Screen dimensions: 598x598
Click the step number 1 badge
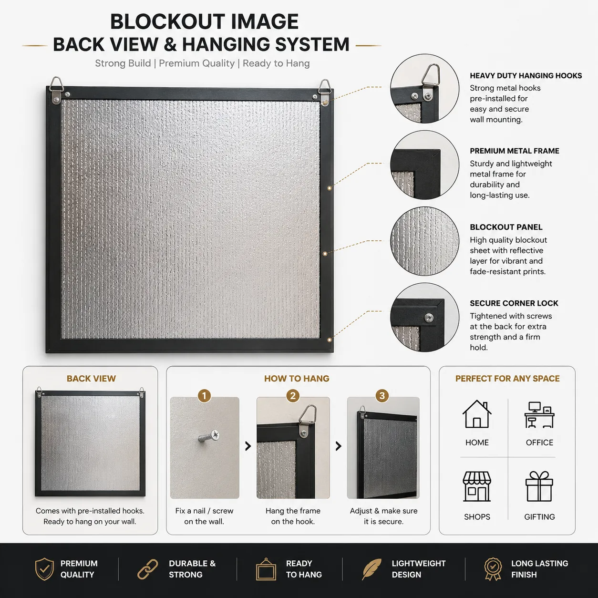204,396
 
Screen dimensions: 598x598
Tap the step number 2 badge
293,396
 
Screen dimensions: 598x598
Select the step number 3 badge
382,396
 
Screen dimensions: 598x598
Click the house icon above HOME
477,414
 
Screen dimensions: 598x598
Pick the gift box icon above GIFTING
539,486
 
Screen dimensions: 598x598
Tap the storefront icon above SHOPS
477,486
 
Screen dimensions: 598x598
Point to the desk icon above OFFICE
539,415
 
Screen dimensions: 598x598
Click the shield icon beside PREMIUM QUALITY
44,569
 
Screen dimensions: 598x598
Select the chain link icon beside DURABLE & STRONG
148,569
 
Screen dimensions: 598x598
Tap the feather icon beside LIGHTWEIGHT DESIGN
371,569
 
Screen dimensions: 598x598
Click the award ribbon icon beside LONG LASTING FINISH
493,569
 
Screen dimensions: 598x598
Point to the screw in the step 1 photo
209,436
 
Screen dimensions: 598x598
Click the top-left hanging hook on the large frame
56,90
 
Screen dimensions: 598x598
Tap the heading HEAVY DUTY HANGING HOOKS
526,76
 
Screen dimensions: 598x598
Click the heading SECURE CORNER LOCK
514,303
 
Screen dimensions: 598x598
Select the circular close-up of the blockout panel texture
424,241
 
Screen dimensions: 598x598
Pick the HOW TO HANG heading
297,379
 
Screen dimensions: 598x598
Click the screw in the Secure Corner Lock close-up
429,317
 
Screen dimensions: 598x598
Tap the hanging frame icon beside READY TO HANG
266,569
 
